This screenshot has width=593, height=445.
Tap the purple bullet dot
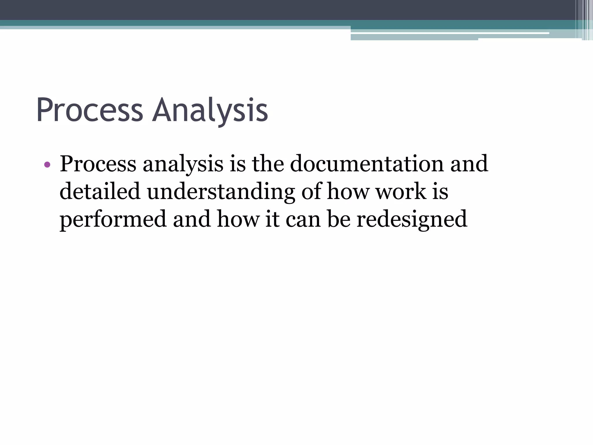coord(47,165)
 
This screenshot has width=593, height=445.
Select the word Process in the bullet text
coord(98,164)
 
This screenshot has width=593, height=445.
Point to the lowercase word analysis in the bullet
coord(183,164)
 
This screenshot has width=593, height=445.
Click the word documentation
coord(367,164)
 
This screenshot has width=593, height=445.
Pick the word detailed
coord(100,192)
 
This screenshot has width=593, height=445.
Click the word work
coord(401,192)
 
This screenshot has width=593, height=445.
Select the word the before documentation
coord(268,164)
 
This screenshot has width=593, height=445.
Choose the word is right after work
coord(440,192)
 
